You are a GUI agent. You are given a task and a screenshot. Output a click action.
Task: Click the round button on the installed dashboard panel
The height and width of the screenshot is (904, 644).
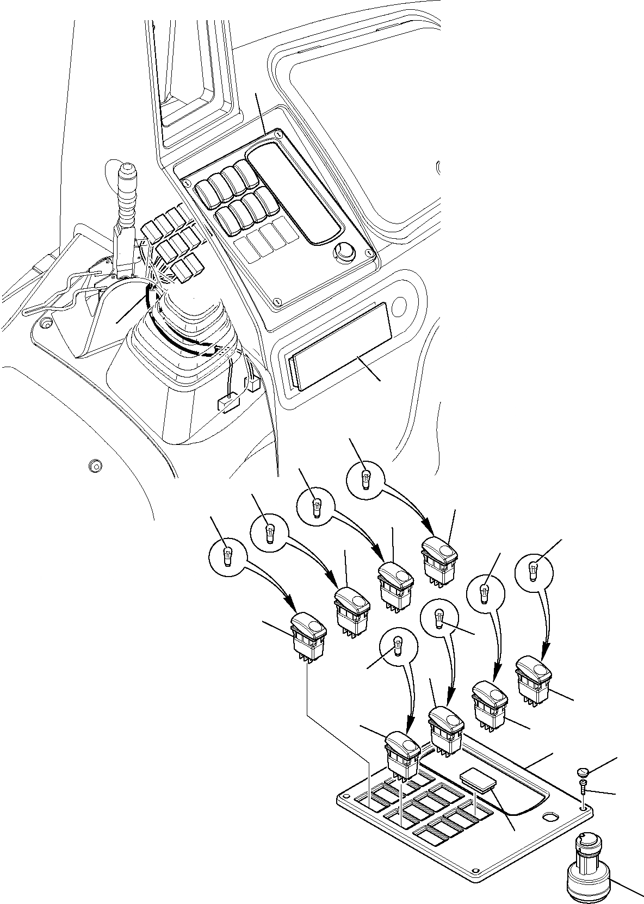point(344,251)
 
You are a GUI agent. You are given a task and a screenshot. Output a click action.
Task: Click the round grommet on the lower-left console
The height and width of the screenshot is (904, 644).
point(96,466)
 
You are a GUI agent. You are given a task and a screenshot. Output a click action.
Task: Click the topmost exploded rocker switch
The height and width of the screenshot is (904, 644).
point(439,560)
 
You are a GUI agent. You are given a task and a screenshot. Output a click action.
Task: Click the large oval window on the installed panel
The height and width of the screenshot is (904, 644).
point(294,199)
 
